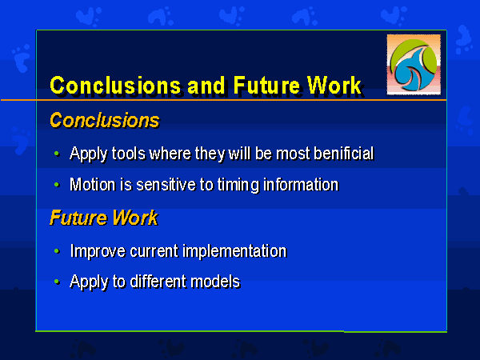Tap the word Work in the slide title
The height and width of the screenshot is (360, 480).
[x=334, y=86]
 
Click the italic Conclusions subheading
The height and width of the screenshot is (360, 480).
[x=104, y=120]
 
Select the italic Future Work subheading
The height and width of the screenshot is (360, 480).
[x=104, y=218]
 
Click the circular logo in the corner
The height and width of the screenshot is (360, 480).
[x=414, y=65]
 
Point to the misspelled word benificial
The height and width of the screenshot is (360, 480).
[x=344, y=153]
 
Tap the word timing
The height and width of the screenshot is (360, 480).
[x=238, y=186]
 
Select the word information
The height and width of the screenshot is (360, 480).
[x=301, y=185]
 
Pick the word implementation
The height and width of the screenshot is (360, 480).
[x=234, y=252]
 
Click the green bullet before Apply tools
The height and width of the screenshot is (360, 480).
[x=57, y=154]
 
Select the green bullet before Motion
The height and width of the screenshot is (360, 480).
[x=57, y=185]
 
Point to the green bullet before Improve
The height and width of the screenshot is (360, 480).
[x=57, y=251]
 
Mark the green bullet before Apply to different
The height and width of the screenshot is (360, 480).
[x=57, y=282]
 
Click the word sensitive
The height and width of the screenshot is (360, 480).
[x=166, y=185]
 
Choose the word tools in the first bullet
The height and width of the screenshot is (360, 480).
[x=129, y=153]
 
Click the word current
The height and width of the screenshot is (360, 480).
[x=154, y=252]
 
